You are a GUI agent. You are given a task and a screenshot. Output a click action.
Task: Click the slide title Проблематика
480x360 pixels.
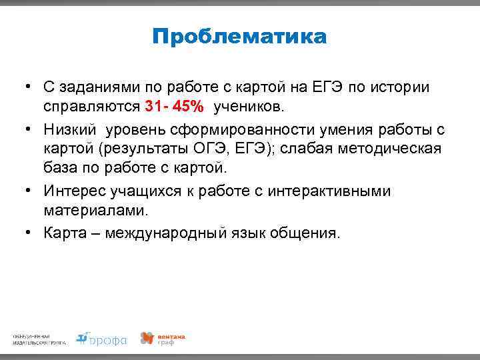point(239,37)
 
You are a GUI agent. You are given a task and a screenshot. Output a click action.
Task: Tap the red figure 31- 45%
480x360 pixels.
point(174,107)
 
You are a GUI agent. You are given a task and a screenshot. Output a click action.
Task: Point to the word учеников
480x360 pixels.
point(249,107)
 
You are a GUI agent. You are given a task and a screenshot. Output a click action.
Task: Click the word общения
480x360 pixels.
point(306,233)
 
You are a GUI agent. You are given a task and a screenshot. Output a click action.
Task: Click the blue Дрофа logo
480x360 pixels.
point(101,339)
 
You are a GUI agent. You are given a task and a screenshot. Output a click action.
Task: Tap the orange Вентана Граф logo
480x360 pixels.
point(162,339)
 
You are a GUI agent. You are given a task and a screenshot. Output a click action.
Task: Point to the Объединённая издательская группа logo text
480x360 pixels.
point(39,339)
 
